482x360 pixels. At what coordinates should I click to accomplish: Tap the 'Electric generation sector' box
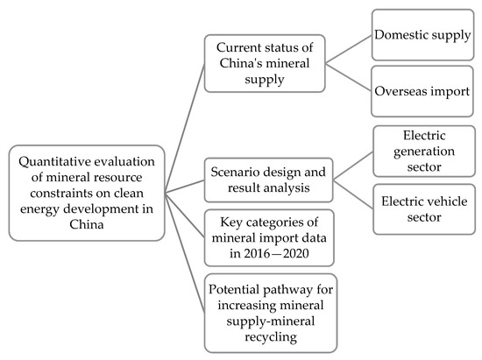[425, 152]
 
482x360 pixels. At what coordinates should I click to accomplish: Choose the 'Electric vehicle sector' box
[425, 208]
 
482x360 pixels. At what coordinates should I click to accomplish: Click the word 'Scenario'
[232, 172]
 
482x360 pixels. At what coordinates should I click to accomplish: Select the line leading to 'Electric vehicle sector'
[341, 194]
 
